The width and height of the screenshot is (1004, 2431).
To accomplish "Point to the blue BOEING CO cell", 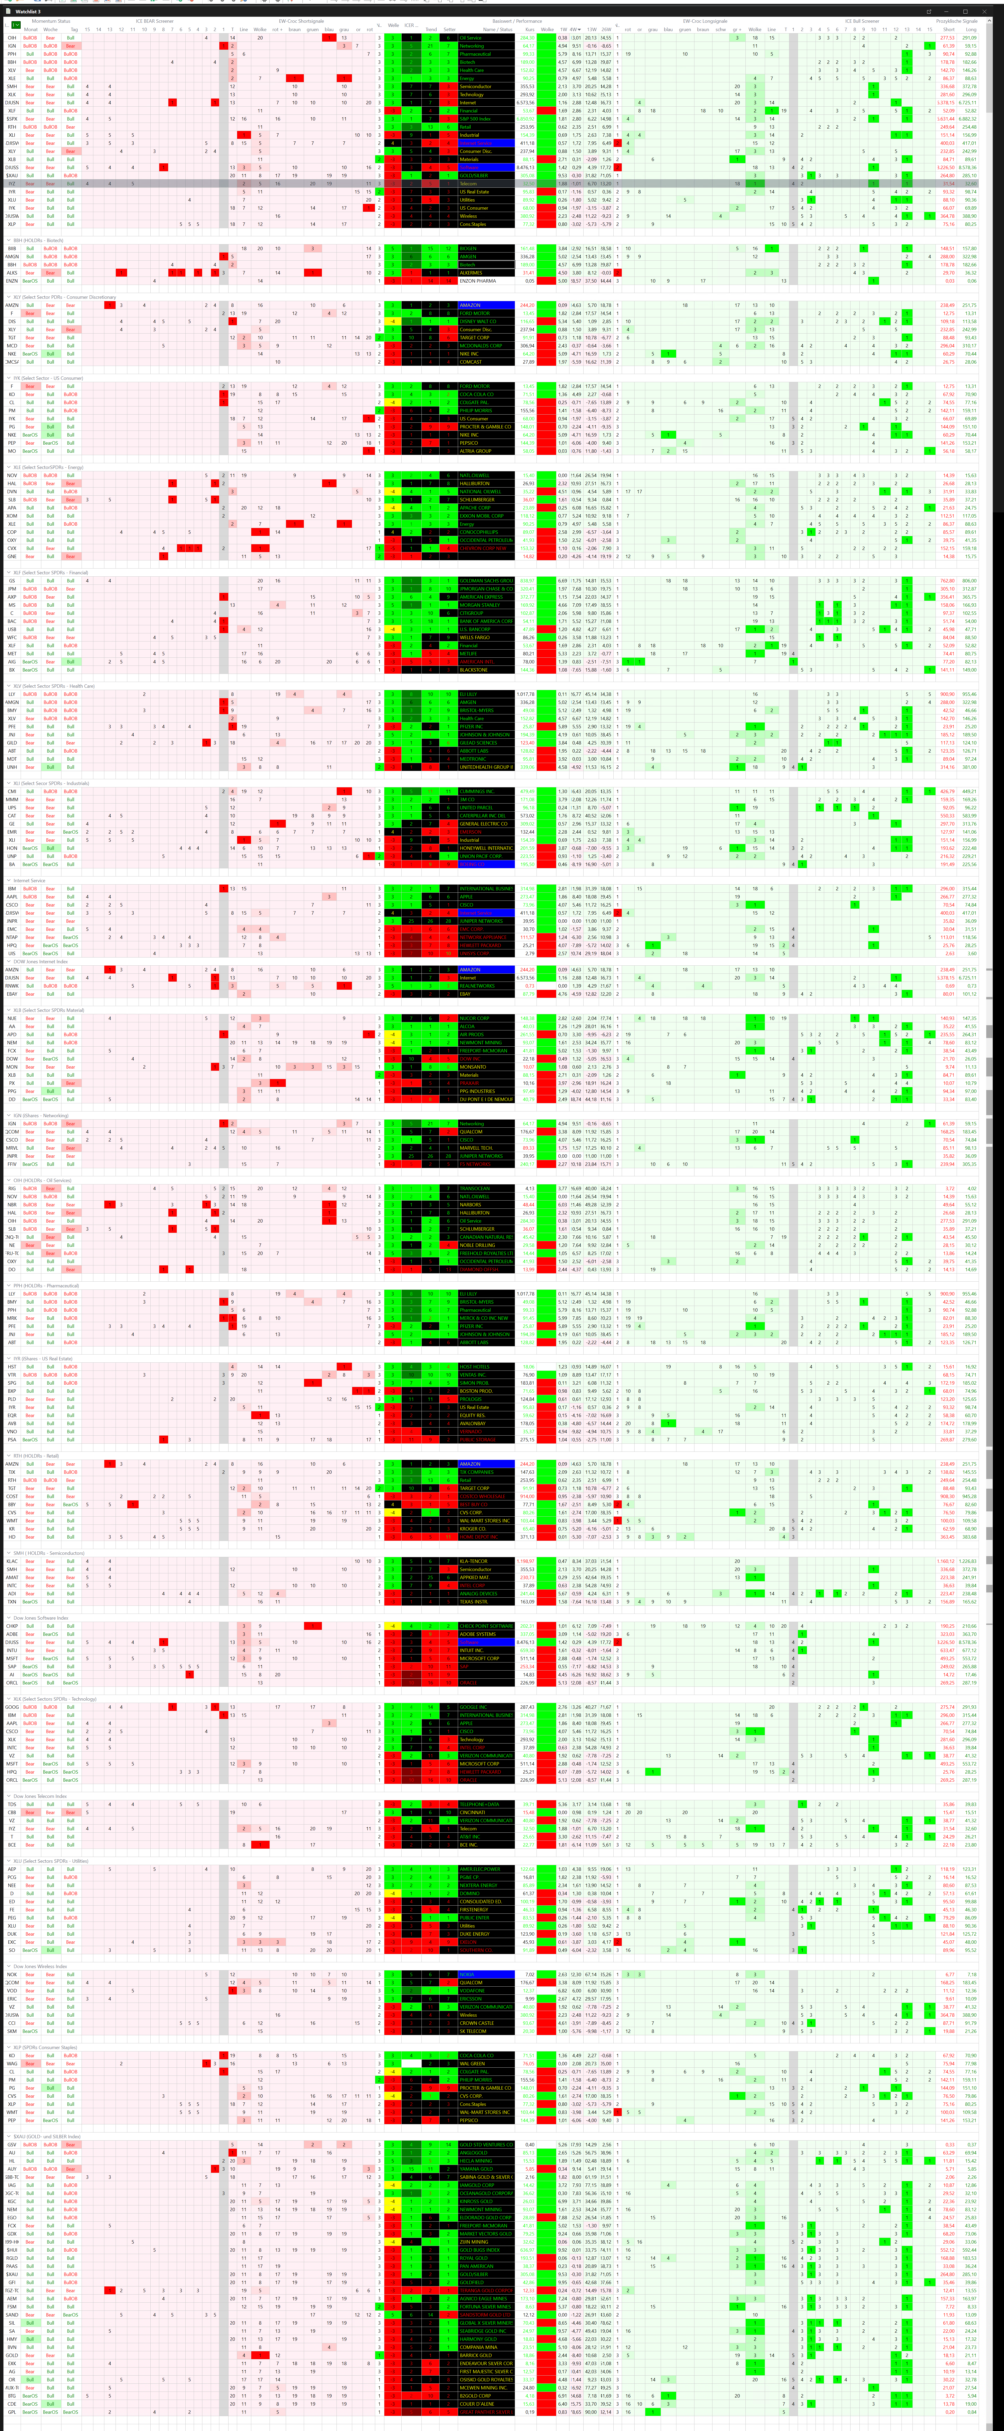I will pos(486,863).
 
